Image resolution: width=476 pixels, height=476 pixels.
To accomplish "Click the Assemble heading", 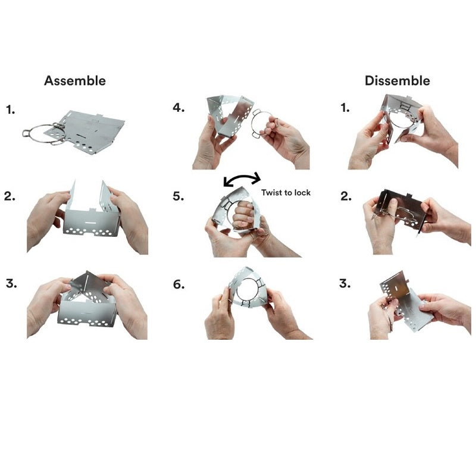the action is [x=75, y=81].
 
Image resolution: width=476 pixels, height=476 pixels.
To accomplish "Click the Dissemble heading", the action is [x=397, y=81].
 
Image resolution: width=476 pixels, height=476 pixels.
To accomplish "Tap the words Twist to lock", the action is [x=286, y=192].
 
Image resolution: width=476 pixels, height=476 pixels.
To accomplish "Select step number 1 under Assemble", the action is [x=10, y=109].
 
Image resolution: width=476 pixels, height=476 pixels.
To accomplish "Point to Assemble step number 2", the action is [x=10, y=196].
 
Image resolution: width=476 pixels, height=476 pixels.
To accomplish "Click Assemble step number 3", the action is [x=11, y=284].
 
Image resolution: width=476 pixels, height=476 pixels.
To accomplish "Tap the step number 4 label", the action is [x=178, y=108].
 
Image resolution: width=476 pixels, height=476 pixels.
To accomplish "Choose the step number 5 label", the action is [x=178, y=196].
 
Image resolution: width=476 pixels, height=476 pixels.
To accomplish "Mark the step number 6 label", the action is [x=179, y=284].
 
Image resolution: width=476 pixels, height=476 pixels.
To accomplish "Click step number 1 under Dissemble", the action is [x=345, y=108].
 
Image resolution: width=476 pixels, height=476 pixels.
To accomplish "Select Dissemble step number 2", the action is [x=346, y=196].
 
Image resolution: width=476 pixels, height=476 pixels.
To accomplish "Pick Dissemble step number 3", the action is [x=345, y=284].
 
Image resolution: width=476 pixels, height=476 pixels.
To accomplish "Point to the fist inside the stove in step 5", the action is [x=243, y=215].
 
